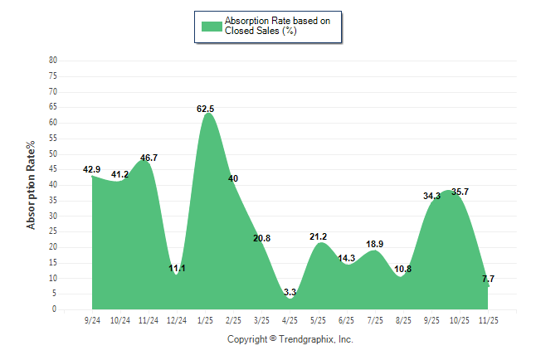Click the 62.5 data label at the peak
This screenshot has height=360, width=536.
click(x=206, y=109)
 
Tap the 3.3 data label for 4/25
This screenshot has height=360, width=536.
click(x=290, y=293)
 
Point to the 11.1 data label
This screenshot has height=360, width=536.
click(x=177, y=269)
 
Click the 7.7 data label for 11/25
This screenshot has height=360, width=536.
click(x=488, y=280)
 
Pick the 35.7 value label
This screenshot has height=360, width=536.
click(x=460, y=192)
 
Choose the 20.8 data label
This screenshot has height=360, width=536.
click(x=262, y=239)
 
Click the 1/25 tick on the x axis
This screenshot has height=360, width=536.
click(x=206, y=319)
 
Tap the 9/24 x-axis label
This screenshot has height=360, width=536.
click(x=92, y=319)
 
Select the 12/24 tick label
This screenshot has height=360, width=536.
click(x=177, y=319)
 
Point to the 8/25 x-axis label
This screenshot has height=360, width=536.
click(x=403, y=319)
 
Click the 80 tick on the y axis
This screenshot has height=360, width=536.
click(x=53, y=61)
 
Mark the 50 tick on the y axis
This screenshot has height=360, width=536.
click(x=53, y=154)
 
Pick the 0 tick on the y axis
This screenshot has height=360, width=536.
click(x=55, y=309)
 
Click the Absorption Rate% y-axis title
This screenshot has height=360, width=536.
click(x=32, y=185)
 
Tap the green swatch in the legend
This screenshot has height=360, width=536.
click(x=212, y=26)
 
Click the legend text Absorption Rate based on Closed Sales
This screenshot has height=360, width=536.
click(x=271, y=26)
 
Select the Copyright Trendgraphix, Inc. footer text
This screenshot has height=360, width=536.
click(x=290, y=340)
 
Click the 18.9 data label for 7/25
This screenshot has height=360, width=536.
click(x=375, y=245)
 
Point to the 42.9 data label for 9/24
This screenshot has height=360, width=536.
click(x=92, y=170)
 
